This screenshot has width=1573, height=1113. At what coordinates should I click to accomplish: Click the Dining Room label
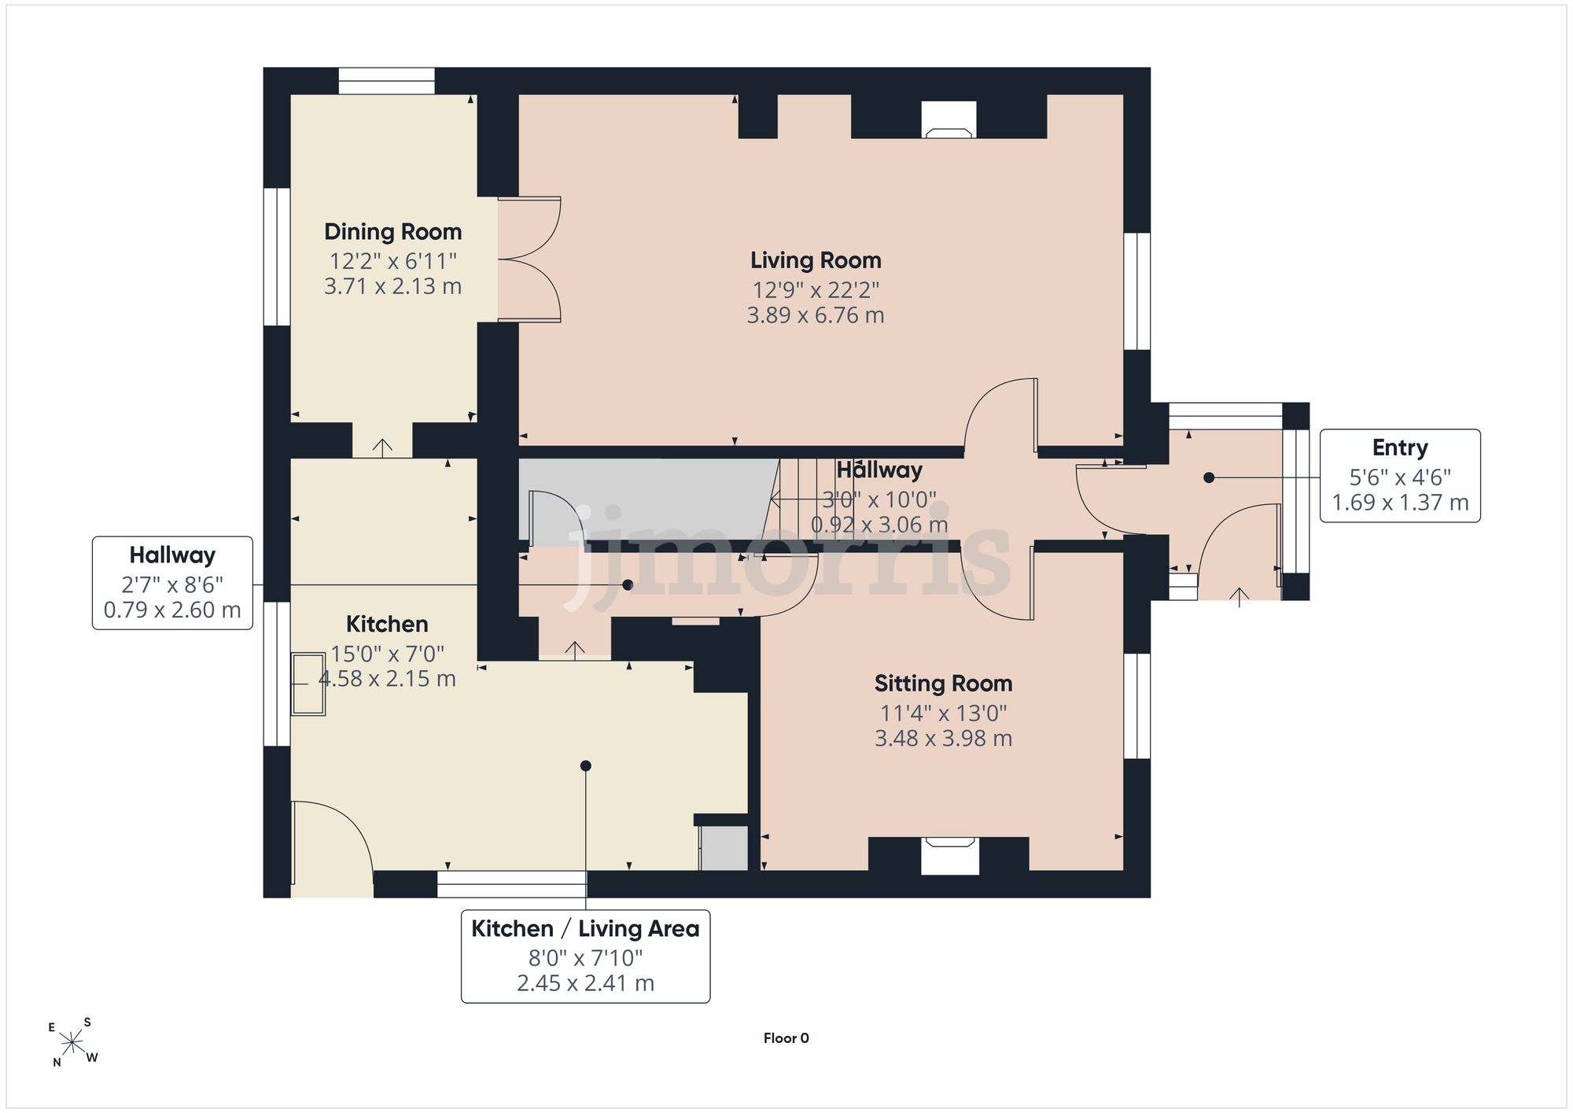click(x=392, y=232)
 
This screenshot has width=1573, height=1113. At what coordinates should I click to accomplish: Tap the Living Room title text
click(x=816, y=260)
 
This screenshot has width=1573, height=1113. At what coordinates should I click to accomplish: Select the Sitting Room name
click(x=943, y=684)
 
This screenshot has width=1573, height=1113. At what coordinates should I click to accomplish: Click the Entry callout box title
click(x=1400, y=448)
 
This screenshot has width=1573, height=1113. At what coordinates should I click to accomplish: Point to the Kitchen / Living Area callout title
click(x=585, y=929)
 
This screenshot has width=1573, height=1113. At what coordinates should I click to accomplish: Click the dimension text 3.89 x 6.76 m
click(x=816, y=315)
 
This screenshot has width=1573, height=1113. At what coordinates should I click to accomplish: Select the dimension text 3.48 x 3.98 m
click(x=943, y=739)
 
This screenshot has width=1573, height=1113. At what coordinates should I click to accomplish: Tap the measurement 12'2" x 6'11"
click(x=392, y=260)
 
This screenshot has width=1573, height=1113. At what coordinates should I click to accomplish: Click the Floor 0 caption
click(x=786, y=1038)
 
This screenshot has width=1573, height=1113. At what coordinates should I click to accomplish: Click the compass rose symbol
click(x=72, y=1044)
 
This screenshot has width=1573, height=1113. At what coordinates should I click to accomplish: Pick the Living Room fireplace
click(x=949, y=120)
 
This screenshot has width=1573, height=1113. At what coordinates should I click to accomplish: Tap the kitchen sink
click(x=308, y=684)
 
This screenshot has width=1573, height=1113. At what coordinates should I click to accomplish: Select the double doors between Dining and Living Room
click(x=529, y=259)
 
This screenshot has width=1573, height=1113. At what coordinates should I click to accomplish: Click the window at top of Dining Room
click(x=387, y=81)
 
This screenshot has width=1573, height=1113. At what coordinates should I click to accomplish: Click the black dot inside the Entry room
click(x=1209, y=477)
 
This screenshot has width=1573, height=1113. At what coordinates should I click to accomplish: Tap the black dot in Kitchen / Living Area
click(x=585, y=766)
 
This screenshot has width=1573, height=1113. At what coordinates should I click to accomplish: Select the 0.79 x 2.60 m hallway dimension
click(x=172, y=610)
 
